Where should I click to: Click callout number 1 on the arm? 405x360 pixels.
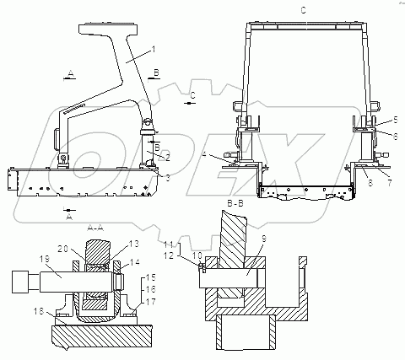click(153, 50)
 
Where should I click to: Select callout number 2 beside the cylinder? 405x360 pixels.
click(168, 158)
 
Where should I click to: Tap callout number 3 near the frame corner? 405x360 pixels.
click(167, 178)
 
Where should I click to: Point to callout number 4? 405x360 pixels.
click(205, 154)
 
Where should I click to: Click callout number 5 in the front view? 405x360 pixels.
click(396, 120)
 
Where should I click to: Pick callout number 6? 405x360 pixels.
click(395, 137)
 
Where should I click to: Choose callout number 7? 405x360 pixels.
click(389, 183)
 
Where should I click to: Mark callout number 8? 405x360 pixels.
click(370, 183)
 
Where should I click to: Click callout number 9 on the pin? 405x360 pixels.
click(263, 239)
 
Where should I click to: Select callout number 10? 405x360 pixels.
click(197, 255)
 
